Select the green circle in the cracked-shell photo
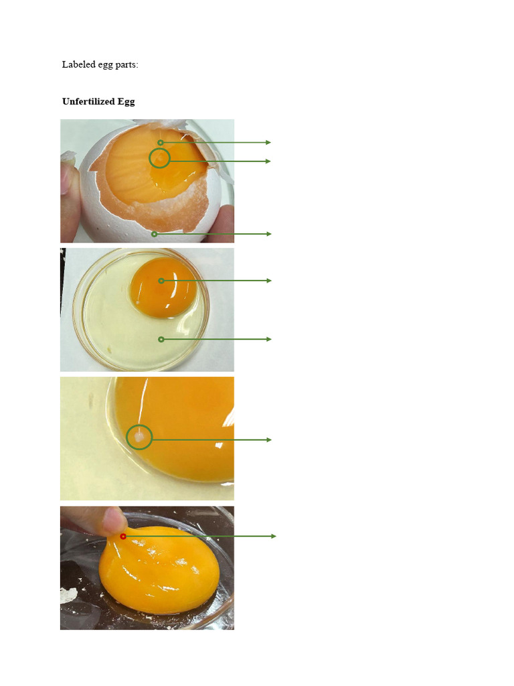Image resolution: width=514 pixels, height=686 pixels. click(x=159, y=159)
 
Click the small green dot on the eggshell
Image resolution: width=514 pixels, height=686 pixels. click(x=154, y=234)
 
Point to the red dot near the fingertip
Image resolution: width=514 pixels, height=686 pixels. click(x=123, y=537)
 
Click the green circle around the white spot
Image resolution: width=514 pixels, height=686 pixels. click(x=139, y=437)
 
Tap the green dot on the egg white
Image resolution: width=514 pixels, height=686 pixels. click(x=161, y=340)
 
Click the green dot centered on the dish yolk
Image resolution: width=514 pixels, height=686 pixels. click(x=161, y=281)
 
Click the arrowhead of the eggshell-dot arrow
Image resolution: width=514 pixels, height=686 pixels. click(x=269, y=234)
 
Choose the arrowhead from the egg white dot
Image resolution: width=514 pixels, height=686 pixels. click(x=269, y=340)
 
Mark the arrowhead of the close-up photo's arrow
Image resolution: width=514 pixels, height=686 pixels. click(x=269, y=440)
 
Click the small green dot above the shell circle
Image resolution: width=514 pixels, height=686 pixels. click(x=161, y=143)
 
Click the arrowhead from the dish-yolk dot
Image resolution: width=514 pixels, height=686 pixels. click(x=269, y=281)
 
